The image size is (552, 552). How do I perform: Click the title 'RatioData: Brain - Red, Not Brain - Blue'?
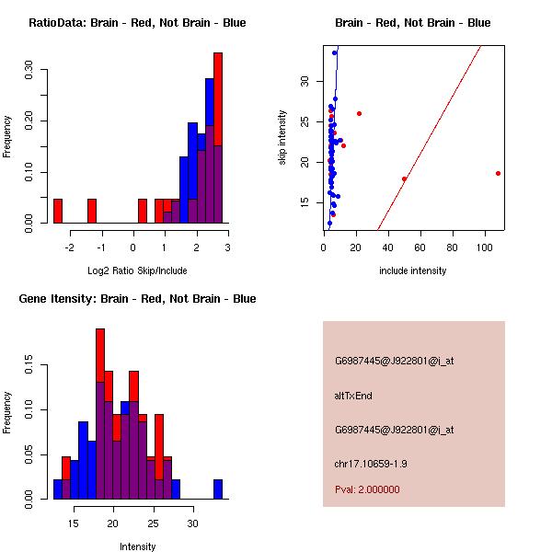(x=137, y=23)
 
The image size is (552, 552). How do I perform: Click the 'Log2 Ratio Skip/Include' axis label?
(x=137, y=270)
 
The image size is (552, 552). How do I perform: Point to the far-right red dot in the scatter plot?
(x=498, y=173)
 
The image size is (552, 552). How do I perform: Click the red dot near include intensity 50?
(x=404, y=178)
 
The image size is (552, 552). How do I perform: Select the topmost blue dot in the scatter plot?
(x=334, y=52)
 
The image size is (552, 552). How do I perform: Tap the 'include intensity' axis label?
(x=413, y=270)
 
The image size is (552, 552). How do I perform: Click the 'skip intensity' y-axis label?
(x=283, y=138)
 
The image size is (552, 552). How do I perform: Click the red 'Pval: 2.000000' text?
(x=367, y=489)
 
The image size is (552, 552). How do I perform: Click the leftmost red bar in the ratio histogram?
(x=57, y=211)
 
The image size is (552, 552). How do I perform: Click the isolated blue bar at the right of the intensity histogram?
(x=218, y=489)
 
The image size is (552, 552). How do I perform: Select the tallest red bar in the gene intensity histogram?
(x=100, y=350)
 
